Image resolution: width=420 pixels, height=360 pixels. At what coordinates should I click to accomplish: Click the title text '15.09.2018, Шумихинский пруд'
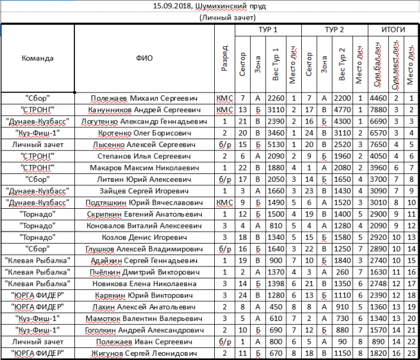pos(210,7)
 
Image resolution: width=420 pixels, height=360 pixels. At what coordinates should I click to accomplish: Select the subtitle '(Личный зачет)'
pos(209,18)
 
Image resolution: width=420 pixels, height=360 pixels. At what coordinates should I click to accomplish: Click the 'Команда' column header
pos(37,59)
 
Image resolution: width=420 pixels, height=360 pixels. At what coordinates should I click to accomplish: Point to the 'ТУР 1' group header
pos(267,29)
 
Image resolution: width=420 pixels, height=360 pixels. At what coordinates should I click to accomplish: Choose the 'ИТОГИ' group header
pos(394,29)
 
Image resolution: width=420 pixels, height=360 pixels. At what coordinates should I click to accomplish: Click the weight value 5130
pos(276,145)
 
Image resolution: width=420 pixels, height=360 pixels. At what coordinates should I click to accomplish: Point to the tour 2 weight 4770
pos(342,110)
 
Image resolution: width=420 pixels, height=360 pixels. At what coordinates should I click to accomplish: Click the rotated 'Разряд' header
pos(223,59)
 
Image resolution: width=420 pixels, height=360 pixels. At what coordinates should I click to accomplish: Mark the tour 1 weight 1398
pos(276,283)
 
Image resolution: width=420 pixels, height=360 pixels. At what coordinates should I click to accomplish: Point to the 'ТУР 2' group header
pos(334,29)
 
